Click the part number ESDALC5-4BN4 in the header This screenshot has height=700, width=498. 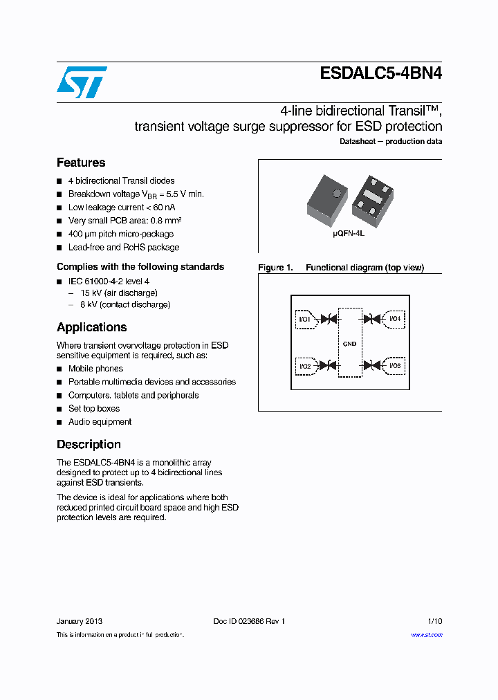[x=381, y=74]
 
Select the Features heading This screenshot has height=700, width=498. [x=81, y=163]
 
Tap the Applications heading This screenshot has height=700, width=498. [x=91, y=327]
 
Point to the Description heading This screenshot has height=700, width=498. [x=89, y=444]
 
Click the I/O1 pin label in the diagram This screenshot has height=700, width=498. [x=304, y=320]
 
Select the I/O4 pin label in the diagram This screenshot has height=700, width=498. [x=394, y=319]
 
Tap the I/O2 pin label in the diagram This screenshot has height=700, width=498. [x=304, y=365]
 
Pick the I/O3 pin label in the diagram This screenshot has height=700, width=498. [x=394, y=365]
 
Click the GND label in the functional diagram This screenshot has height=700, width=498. [x=349, y=344]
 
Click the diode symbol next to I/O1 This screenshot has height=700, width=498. [x=329, y=320]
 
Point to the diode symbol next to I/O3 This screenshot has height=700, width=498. [x=372, y=365]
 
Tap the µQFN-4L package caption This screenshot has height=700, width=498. [x=349, y=234]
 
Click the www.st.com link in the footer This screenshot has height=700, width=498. [x=426, y=635]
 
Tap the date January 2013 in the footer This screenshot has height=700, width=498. [x=80, y=621]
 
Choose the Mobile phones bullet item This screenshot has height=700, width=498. [x=95, y=369]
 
